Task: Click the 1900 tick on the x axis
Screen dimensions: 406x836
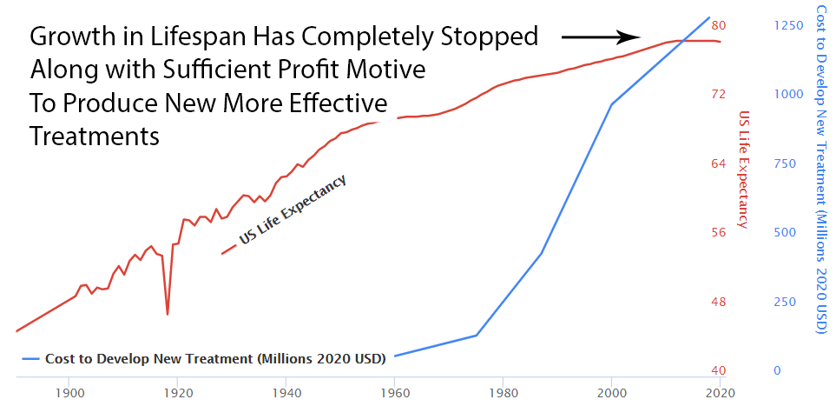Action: (x=70, y=392)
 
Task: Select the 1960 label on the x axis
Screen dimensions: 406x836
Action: (x=395, y=392)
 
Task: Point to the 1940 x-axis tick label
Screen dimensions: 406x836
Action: (x=286, y=392)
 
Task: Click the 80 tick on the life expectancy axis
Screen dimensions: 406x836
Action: (x=719, y=25)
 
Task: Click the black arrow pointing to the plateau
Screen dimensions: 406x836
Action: (x=601, y=37)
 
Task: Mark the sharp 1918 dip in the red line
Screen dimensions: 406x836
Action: (x=168, y=313)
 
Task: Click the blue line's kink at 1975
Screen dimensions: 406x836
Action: (x=477, y=335)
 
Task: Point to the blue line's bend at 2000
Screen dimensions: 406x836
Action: (x=611, y=105)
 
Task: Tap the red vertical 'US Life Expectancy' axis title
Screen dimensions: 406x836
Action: (x=743, y=169)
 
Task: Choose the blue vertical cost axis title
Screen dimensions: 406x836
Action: (x=820, y=169)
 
